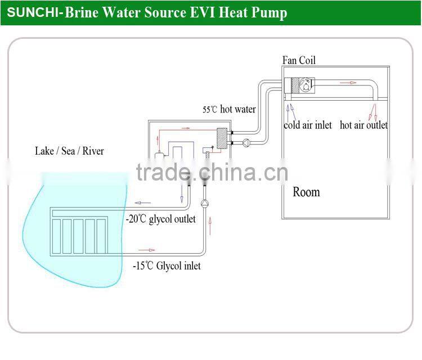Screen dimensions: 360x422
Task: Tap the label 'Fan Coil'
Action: click(x=299, y=60)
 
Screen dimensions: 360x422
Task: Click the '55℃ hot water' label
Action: click(x=229, y=110)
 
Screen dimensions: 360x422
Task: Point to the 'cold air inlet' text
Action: click(x=307, y=125)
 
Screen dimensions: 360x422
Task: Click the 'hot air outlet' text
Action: click(x=363, y=125)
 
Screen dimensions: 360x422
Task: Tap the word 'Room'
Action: click(x=306, y=192)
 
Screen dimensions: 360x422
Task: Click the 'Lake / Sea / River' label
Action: click(x=69, y=151)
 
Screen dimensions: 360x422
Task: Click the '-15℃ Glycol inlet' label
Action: click(x=167, y=265)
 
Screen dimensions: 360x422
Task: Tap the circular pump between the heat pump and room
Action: click(x=245, y=143)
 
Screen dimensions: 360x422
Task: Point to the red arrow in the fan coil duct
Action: click(x=348, y=83)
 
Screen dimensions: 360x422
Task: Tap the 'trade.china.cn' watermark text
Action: click(x=211, y=173)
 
